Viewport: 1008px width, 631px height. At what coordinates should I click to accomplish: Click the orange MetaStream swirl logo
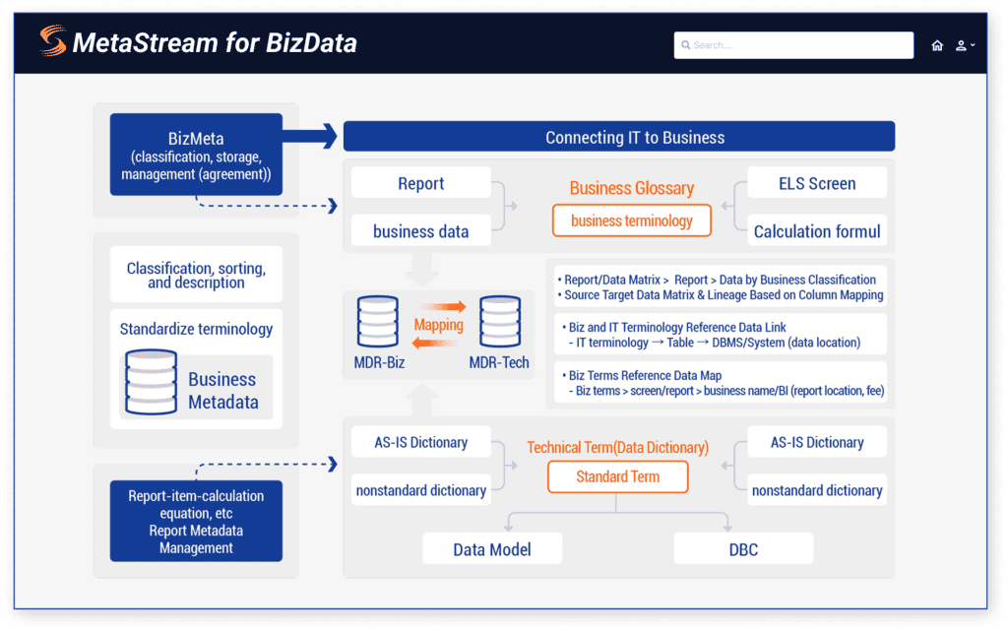(x=52, y=41)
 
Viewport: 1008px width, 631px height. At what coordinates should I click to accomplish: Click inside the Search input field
(x=793, y=45)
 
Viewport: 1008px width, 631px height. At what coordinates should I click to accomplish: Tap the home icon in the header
(x=937, y=45)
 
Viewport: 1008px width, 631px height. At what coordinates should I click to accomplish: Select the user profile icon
(x=962, y=45)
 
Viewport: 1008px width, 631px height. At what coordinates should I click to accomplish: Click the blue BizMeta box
(x=196, y=154)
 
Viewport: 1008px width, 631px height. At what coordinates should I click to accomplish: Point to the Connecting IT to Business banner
(x=618, y=137)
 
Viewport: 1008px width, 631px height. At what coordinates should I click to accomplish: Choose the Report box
(x=420, y=183)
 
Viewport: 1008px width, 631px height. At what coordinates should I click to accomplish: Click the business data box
(x=420, y=231)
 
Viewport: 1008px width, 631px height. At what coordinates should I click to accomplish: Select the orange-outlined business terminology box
(x=631, y=221)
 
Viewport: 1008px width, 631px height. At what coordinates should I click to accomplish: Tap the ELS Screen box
(x=817, y=183)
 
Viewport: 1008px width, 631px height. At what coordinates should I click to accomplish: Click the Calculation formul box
(x=817, y=231)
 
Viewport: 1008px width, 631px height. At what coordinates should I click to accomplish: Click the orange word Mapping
(x=438, y=324)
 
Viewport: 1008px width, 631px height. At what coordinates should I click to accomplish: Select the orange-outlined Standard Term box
(x=617, y=476)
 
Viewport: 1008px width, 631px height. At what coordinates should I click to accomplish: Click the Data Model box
(x=492, y=548)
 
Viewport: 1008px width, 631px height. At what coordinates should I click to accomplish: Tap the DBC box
(x=743, y=548)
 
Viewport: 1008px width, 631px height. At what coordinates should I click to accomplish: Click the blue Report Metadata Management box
(x=196, y=522)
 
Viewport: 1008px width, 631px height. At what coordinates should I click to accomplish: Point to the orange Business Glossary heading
(x=631, y=188)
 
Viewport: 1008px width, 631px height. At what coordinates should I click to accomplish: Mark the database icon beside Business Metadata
(x=151, y=383)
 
